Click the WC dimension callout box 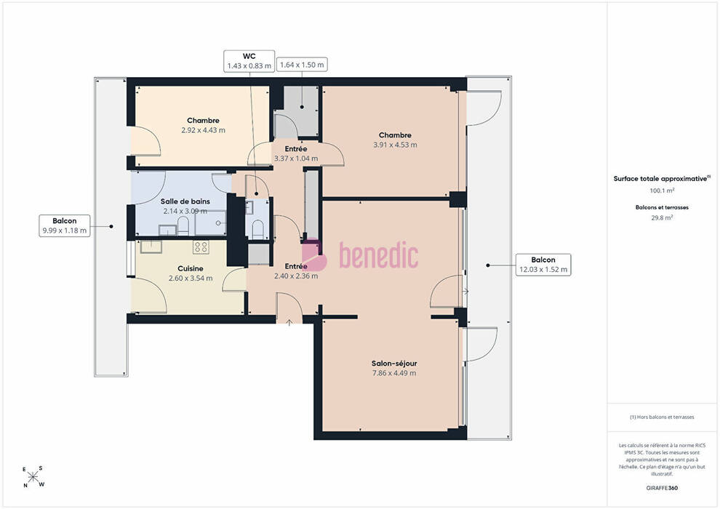click(249, 61)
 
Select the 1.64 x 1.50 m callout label click(302, 65)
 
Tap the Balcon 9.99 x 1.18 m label click(64, 225)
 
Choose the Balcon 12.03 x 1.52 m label click(543, 265)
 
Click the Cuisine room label click(191, 268)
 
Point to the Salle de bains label click(185, 201)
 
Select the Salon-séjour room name click(394, 363)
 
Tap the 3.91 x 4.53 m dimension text click(396, 145)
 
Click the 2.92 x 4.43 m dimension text click(204, 130)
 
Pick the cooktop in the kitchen click(201, 247)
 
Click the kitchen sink click(151, 247)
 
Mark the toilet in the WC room click(258, 228)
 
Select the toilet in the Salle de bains click(183, 225)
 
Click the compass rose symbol click(33, 477)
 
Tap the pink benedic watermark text click(379, 255)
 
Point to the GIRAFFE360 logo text click(662, 488)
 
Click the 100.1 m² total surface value click(662, 191)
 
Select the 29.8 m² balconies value click(662, 217)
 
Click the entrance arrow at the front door click(289, 323)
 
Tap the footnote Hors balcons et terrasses click(662, 417)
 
